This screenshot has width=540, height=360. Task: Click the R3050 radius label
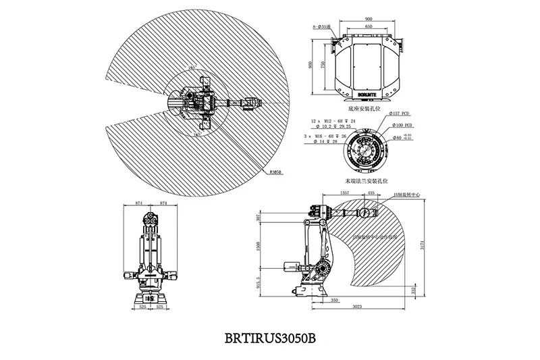[274, 172]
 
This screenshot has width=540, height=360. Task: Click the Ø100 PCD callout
[405, 126]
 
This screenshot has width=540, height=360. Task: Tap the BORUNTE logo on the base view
[367, 88]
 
